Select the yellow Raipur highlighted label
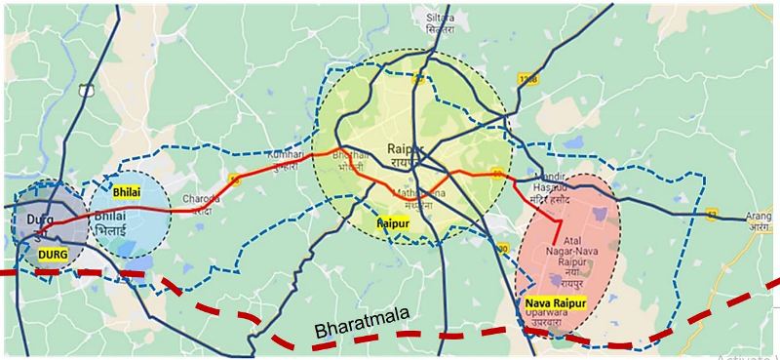click(x=393, y=223)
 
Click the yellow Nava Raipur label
click(x=553, y=304)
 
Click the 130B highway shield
click(x=528, y=78)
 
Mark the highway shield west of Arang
click(x=712, y=213)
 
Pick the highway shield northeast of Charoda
click(x=234, y=177)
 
